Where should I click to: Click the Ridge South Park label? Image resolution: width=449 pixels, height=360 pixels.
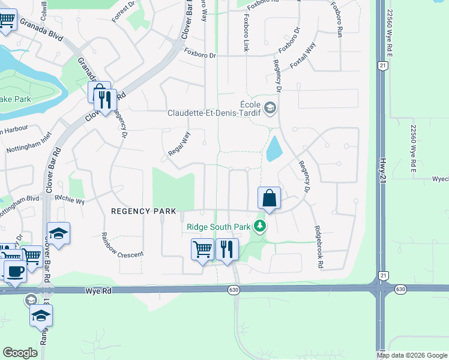(219, 226)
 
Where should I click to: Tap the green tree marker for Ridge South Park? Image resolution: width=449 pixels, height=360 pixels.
(260, 226)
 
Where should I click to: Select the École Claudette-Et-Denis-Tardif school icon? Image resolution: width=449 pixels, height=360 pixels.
(270, 108)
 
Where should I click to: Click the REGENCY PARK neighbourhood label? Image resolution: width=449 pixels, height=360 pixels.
(143, 211)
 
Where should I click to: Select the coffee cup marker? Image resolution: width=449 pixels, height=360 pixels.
(15, 271)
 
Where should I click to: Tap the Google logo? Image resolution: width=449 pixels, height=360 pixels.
(20, 353)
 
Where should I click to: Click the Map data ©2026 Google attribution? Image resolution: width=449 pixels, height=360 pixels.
(412, 355)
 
